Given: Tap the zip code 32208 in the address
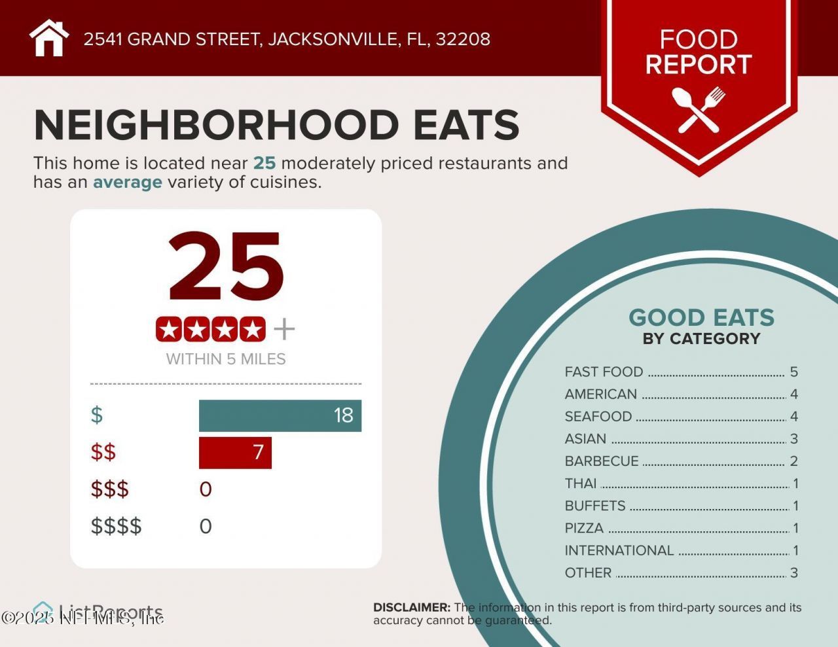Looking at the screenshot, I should pos(463,39).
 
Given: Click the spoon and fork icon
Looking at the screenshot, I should pos(699,109).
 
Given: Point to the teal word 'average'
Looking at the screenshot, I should pos(127,182).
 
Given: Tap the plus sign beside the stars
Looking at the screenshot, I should pos(284,329).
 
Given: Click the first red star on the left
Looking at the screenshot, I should pos(169,329).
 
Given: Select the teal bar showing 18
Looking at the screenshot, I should pos(280,415).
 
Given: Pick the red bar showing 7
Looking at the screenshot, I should pos(234,453).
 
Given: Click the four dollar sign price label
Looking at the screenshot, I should pos(116,526).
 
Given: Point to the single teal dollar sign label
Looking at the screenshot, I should pos(97,415).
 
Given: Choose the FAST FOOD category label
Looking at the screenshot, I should pos(604,372).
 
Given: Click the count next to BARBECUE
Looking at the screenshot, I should pos(793,461).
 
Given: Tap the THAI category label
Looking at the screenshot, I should pos(581,483).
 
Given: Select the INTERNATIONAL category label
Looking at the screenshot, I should pos(619,551).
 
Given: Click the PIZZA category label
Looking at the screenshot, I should pos(584,528).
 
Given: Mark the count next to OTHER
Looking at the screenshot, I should pos(793,573).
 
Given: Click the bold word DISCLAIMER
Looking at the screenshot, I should pos(411,608).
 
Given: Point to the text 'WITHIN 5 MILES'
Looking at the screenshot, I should pos(226,359).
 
